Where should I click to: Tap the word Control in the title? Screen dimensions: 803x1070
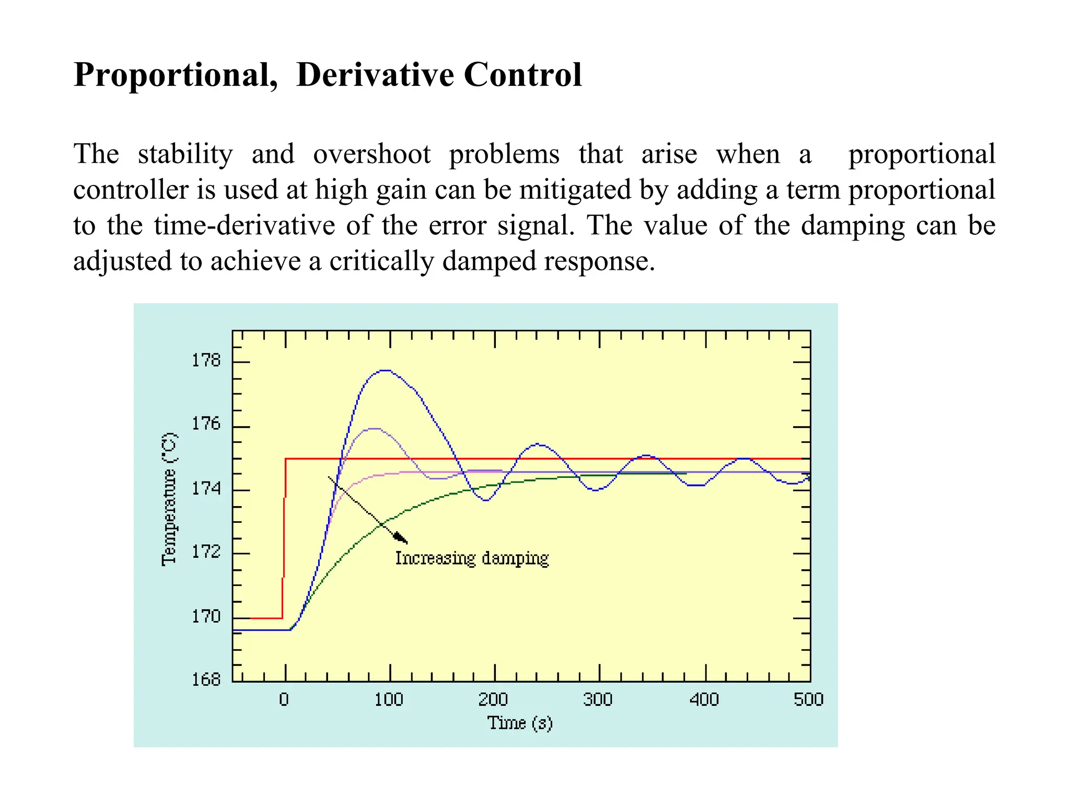point(522,75)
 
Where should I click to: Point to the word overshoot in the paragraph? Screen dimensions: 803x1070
point(371,154)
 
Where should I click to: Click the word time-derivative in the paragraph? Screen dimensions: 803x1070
point(244,225)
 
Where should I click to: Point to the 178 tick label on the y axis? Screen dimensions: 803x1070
point(206,360)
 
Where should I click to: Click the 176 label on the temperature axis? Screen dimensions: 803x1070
point(206,423)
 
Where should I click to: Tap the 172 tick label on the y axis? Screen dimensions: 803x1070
point(206,552)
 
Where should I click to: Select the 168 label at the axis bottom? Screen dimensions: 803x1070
point(206,679)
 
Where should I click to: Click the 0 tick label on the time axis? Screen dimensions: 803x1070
point(284,699)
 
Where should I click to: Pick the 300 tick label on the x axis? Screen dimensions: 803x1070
point(598,699)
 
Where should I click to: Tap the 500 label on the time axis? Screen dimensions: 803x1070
point(808,699)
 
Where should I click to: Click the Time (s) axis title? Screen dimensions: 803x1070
point(520,722)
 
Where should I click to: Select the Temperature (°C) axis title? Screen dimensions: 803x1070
point(169,499)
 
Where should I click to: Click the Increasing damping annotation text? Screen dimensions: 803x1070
point(471,558)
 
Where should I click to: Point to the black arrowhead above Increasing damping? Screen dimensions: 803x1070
point(401,538)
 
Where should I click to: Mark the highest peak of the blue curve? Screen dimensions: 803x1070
point(385,370)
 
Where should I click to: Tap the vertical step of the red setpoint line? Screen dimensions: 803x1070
point(285,538)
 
